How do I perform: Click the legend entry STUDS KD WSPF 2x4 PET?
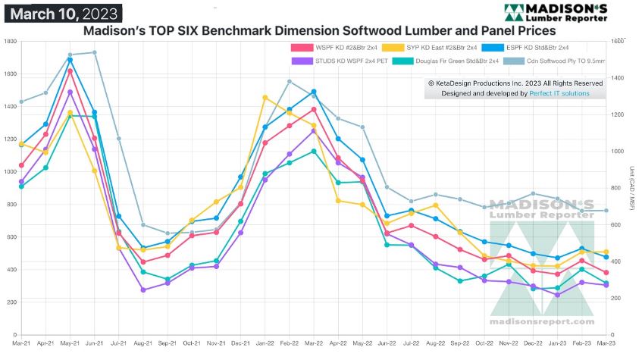pyautogui.click(x=331, y=61)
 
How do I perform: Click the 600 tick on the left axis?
pyautogui.click(x=11, y=236)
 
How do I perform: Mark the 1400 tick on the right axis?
pyautogui.click(x=618, y=78)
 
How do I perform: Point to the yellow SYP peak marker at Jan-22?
pyautogui.click(x=265, y=98)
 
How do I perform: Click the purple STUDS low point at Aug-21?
pyautogui.click(x=142, y=290)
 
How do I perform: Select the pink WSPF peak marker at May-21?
pyautogui.click(x=70, y=71)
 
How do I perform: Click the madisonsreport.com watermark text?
pyautogui.click(x=542, y=322)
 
